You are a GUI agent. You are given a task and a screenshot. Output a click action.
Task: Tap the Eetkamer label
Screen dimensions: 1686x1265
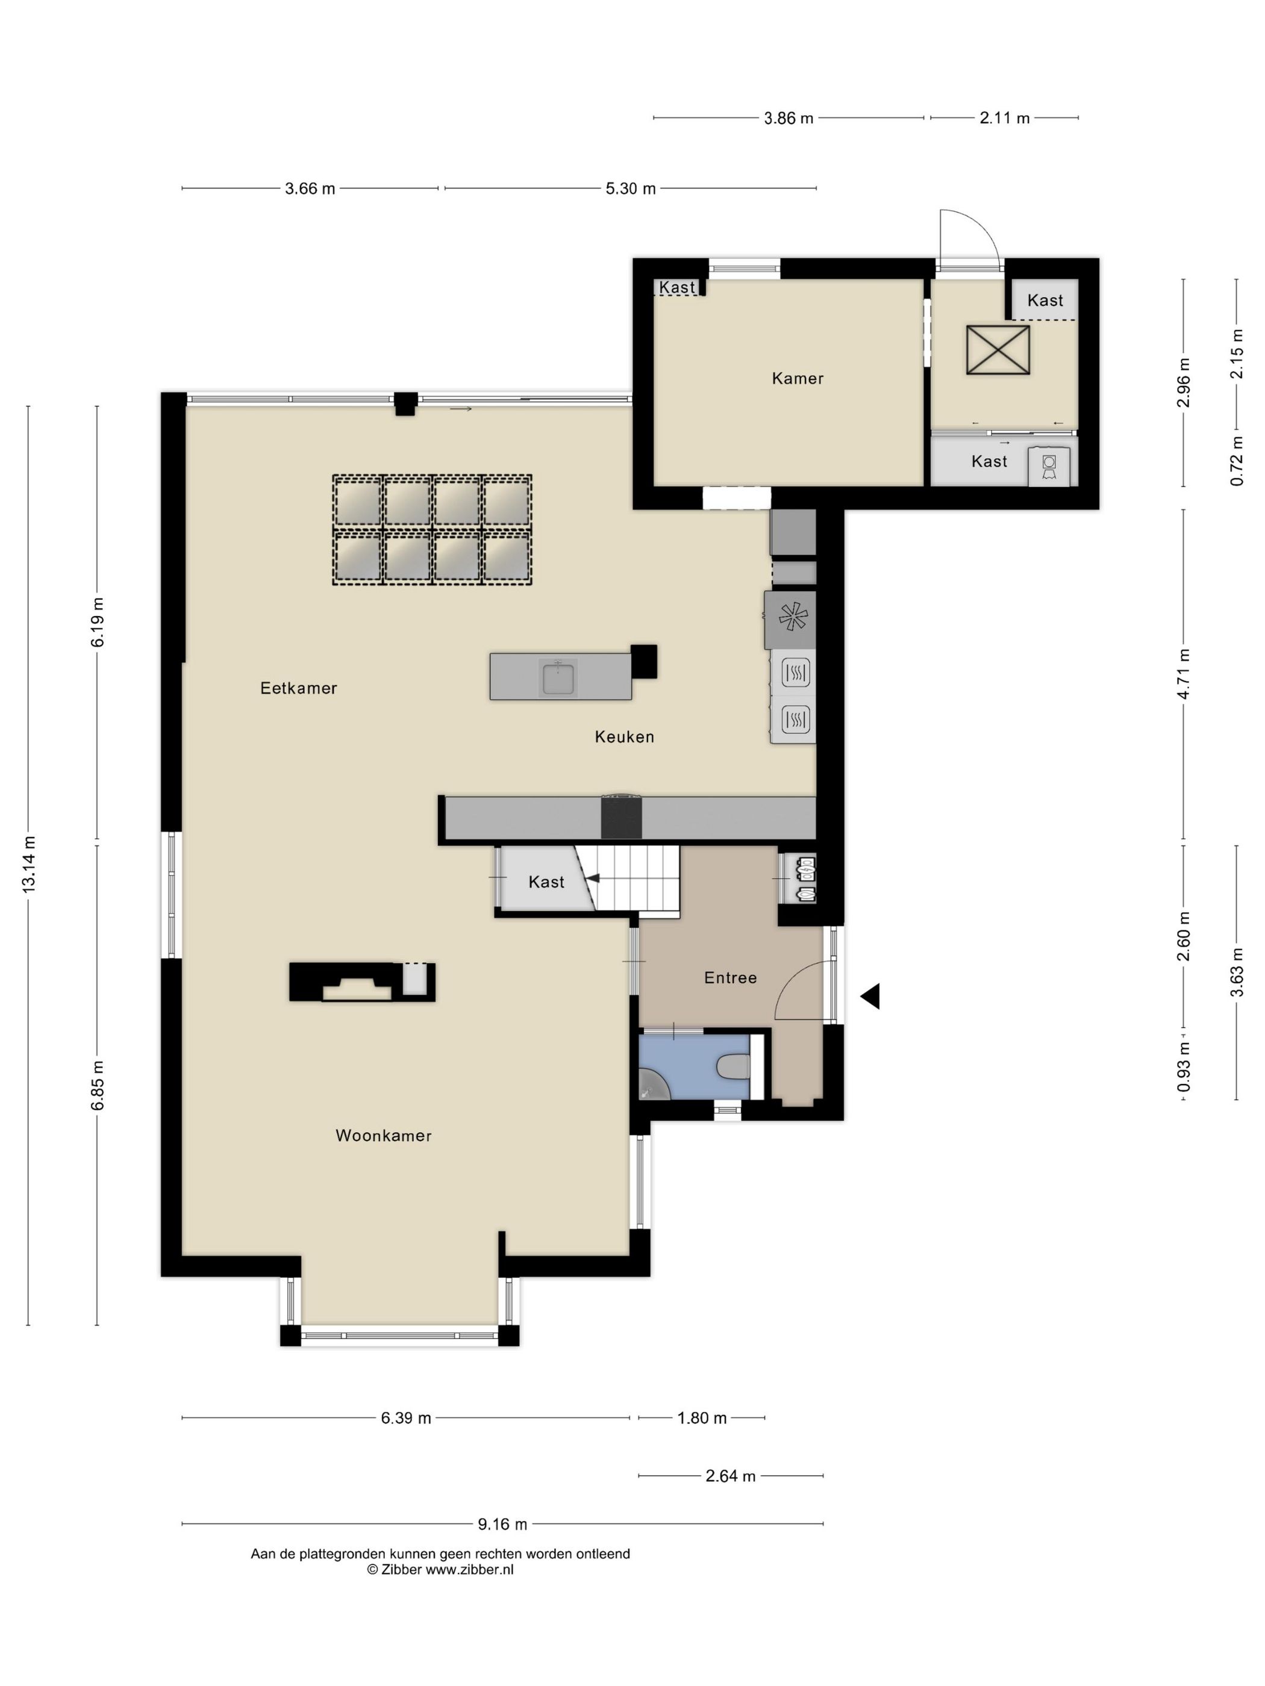(x=298, y=688)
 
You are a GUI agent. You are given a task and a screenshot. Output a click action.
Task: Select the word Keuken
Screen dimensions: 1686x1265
(x=623, y=736)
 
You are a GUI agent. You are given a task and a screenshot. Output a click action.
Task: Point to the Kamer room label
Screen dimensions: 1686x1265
(x=797, y=378)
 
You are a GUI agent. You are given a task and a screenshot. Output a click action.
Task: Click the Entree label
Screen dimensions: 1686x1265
(x=729, y=977)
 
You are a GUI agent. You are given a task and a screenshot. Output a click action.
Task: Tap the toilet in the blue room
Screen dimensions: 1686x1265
(x=734, y=1066)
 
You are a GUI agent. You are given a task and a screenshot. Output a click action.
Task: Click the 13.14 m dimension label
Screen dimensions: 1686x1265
(x=29, y=863)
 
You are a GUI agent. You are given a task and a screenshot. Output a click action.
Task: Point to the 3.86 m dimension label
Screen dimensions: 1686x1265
(x=788, y=118)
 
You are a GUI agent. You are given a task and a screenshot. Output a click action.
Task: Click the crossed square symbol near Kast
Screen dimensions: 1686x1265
(x=998, y=350)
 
